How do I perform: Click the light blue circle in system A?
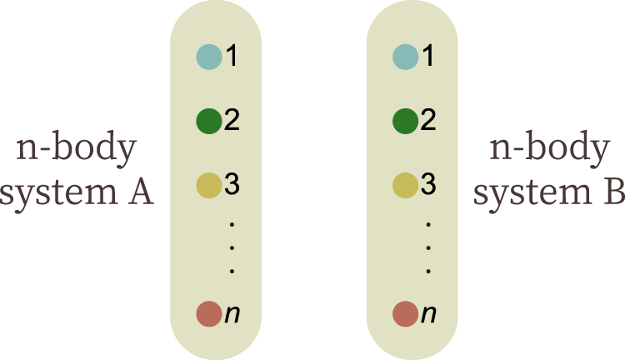coord(208,57)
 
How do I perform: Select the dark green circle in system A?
coord(208,122)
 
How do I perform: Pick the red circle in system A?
coord(208,314)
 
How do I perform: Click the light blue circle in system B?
coord(405,57)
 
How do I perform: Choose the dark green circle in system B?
coord(405,122)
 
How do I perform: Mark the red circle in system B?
coord(405,314)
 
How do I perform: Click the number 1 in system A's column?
coord(232,57)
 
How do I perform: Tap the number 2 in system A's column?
coord(232,122)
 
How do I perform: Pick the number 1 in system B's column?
coord(428,57)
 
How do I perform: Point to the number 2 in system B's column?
coord(428,122)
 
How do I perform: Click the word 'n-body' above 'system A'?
coord(76,152)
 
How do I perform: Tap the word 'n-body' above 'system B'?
coord(548,152)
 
